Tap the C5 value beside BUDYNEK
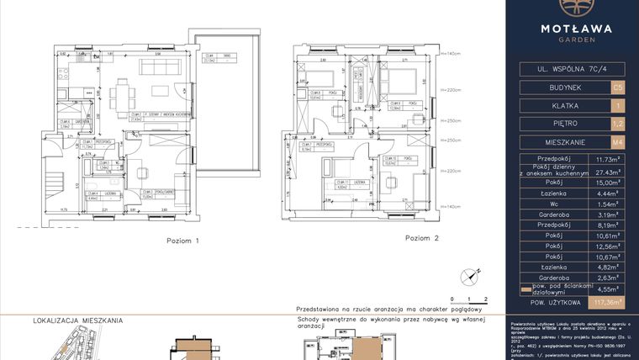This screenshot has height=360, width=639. click(618, 87)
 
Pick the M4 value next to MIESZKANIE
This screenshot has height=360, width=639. click(618, 142)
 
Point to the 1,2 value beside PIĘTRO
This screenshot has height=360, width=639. click(618, 124)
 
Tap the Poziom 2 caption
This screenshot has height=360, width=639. click(422, 238)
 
